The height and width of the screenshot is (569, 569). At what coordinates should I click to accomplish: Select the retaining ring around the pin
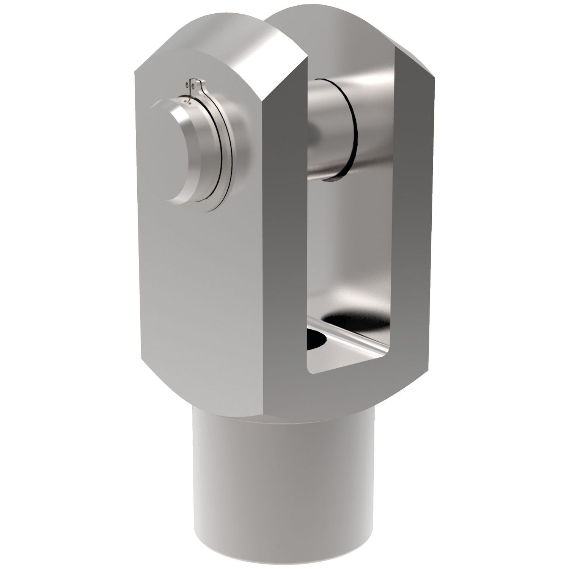pyautogui.click(x=224, y=152)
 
